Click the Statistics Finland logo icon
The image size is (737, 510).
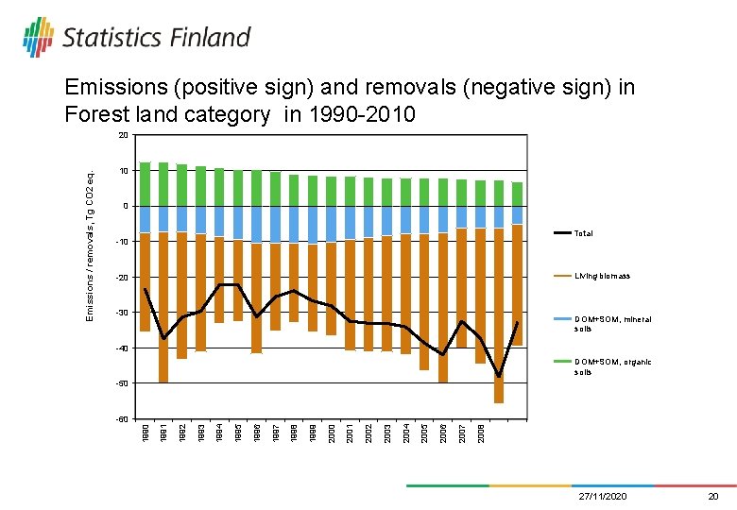(39, 37)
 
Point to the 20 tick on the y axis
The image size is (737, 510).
(123, 136)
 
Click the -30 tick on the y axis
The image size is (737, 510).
(122, 313)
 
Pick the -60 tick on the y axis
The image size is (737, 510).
(122, 418)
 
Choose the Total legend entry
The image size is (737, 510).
(584, 232)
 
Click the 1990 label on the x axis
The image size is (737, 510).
(145, 433)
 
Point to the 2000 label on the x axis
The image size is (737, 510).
(331, 433)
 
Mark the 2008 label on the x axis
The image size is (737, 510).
(480, 433)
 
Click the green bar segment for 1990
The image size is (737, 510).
(145, 184)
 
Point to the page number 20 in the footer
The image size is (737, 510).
(712, 496)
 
